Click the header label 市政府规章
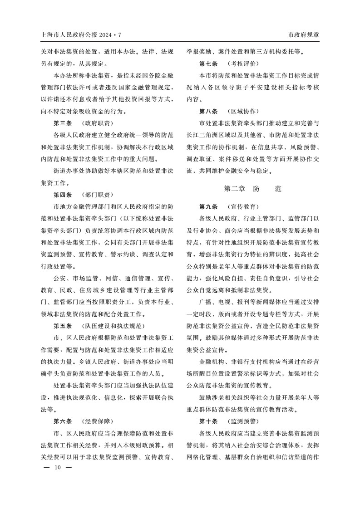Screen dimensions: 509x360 pyautogui.click(x=304, y=35)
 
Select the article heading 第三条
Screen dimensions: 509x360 pyautogui.click(x=63, y=123)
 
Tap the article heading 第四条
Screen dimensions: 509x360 pyautogui.click(x=63, y=195)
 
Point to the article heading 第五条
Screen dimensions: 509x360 pyautogui.click(x=63, y=326)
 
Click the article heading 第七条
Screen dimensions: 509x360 pyautogui.click(x=208, y=64)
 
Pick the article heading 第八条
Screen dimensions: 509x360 pyautogui.click(x=208, y=111)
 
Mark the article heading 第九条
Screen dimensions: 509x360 pyautogui.click(x=208, y=206)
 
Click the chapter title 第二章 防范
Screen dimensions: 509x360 pyautogui.click(x=252, y=189)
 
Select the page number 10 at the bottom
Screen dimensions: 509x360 pyautogui.click(x=57, y=467)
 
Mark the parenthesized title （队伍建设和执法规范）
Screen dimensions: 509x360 pyautogui.click(x=113, y=326)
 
